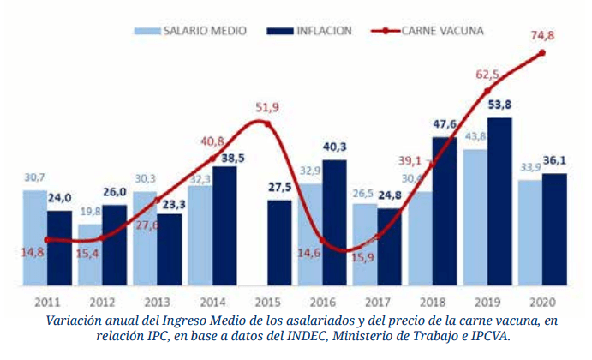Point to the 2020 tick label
[x=542, y=302]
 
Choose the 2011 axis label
[x=47, y=302]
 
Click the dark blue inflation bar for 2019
[x=499, y=201]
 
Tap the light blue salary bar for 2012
[x=90, y=255]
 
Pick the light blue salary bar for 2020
[x=529, y=232]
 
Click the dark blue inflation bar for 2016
[x=334, y=223]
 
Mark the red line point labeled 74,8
[x=542, y=53]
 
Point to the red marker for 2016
[x=321, y=239]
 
